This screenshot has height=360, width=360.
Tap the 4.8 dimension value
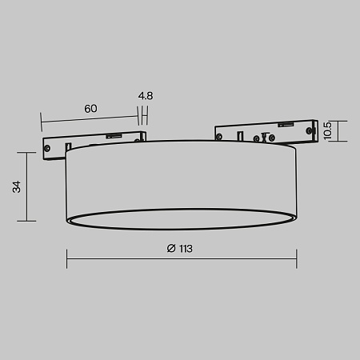(x=145, y=96)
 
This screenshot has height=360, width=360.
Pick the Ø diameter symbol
(x=171, y=249)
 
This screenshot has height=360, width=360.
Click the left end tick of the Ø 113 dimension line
(x=66, y=257)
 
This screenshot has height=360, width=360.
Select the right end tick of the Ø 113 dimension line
(x=297, y=257)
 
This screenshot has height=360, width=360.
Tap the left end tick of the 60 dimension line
(x=40, y=121)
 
